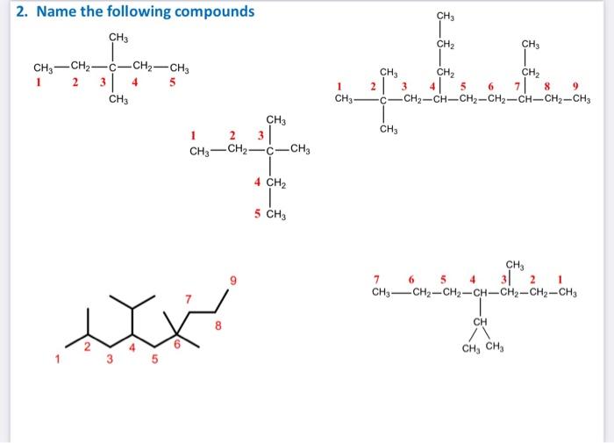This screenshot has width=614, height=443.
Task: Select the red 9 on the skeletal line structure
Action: coord(233,281)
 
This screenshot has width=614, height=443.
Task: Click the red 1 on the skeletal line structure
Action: coord(59,359)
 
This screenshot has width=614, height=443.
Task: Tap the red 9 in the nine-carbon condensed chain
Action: coord(575,86)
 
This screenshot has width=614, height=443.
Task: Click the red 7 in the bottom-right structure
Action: coord(375,280)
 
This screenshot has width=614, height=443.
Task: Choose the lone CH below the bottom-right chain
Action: coord(480,322)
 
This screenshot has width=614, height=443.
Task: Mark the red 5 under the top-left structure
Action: coord(173,83)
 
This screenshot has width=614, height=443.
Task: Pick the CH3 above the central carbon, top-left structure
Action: coord(118,37)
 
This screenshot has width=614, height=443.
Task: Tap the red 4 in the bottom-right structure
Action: coord(471,280)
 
